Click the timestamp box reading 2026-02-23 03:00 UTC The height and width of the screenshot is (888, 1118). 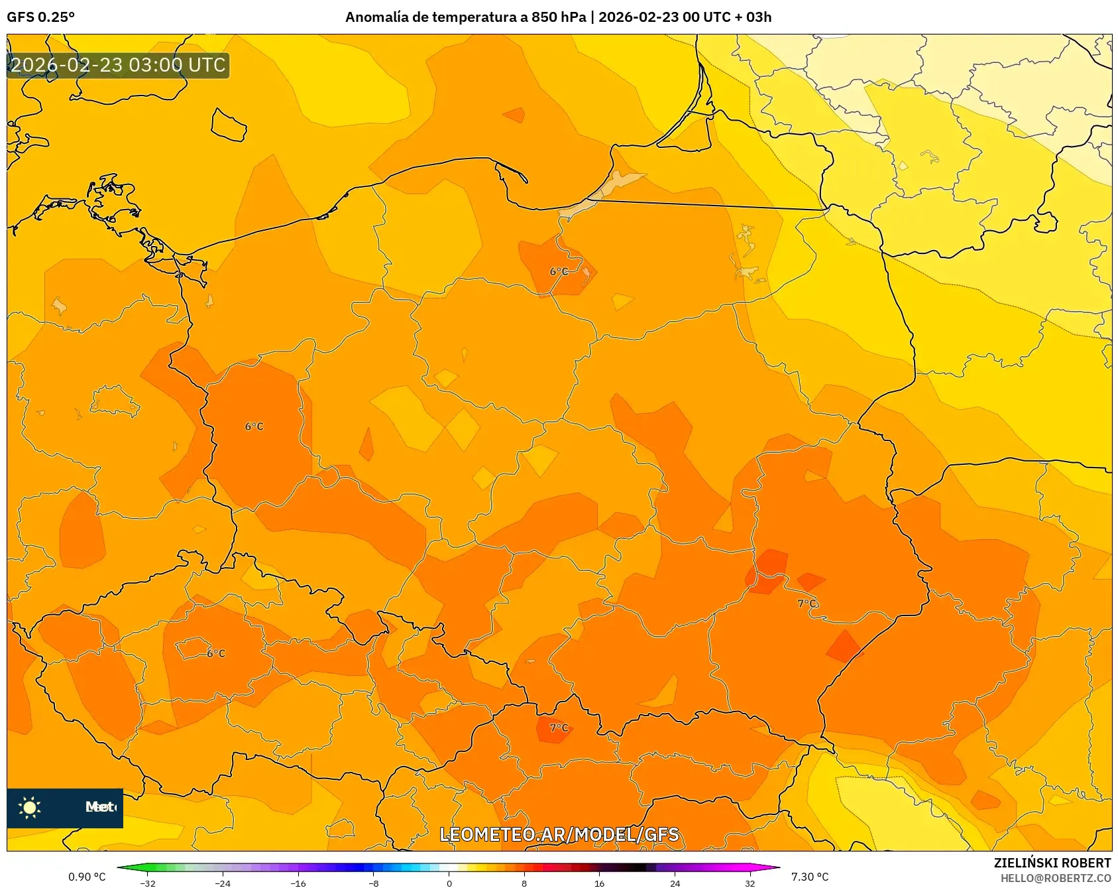(118, 65)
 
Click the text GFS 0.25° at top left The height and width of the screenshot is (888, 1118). (40, 17)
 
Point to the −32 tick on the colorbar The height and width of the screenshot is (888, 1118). (148, 883)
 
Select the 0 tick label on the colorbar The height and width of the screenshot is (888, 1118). (449, 883)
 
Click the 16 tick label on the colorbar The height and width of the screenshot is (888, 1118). (599, 883)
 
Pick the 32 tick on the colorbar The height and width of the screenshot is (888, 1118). (750, 883)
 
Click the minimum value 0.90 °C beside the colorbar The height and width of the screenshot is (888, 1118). (87, 877)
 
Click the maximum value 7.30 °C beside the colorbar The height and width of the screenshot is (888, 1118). (810, 877)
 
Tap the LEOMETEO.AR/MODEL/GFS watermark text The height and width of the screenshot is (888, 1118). (559, 834)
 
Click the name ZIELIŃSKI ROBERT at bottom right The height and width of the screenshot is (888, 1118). (1052, 863)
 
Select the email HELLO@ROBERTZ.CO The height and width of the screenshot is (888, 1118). (1056, 878)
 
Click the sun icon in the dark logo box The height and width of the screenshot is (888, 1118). (30, 807)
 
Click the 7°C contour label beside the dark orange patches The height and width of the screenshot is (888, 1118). (807, 603)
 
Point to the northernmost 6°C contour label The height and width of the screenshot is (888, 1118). (559, 271)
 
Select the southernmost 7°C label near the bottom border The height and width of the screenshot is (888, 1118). (559, 728)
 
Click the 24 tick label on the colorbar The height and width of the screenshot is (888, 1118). (675, 883)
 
